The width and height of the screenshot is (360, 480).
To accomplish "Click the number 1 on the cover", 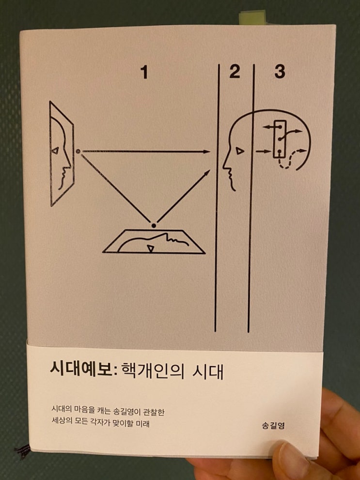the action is coord(144,73).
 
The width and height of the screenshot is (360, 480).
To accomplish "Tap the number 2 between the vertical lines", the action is coord(235,71).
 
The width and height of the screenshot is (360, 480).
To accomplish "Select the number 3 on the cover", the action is coord(280,72).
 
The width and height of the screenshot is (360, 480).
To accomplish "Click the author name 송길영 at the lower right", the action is coord(273,425).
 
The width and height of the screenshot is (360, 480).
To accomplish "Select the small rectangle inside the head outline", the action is coord(280,139).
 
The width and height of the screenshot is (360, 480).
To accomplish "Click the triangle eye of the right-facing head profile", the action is coord(240,151).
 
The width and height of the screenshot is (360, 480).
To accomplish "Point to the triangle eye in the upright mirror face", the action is coord(55,150).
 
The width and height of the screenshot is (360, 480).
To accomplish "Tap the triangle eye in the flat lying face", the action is coord(151,248).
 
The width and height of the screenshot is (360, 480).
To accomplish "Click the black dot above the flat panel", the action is coord(154,226).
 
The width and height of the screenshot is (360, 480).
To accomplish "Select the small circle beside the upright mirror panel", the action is coord(78,151).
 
